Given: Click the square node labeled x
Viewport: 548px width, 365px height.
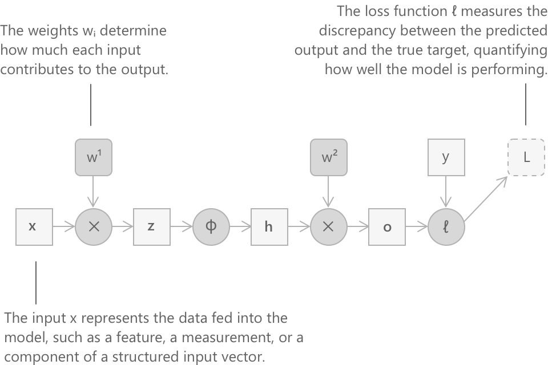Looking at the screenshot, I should point(33,226).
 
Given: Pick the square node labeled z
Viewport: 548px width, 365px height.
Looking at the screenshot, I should point(151,226).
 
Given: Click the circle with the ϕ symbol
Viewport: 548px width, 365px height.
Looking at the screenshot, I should point(210,226).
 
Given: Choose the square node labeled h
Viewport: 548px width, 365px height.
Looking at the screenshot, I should point(269,226).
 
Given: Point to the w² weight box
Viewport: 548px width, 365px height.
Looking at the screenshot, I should point(328,157).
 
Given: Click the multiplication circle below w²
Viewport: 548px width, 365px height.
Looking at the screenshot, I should point(328,226).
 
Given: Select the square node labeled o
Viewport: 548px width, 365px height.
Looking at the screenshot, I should point(387,226).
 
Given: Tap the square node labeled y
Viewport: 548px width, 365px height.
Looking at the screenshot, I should point(446,157).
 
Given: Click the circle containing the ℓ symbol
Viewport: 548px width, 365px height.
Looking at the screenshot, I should point(446,226).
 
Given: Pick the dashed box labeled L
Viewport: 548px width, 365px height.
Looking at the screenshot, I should point(526,157).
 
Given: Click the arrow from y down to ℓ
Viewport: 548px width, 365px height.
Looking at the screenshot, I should point(446,191).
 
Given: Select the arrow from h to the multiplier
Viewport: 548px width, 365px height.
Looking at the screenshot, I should point(299,226).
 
